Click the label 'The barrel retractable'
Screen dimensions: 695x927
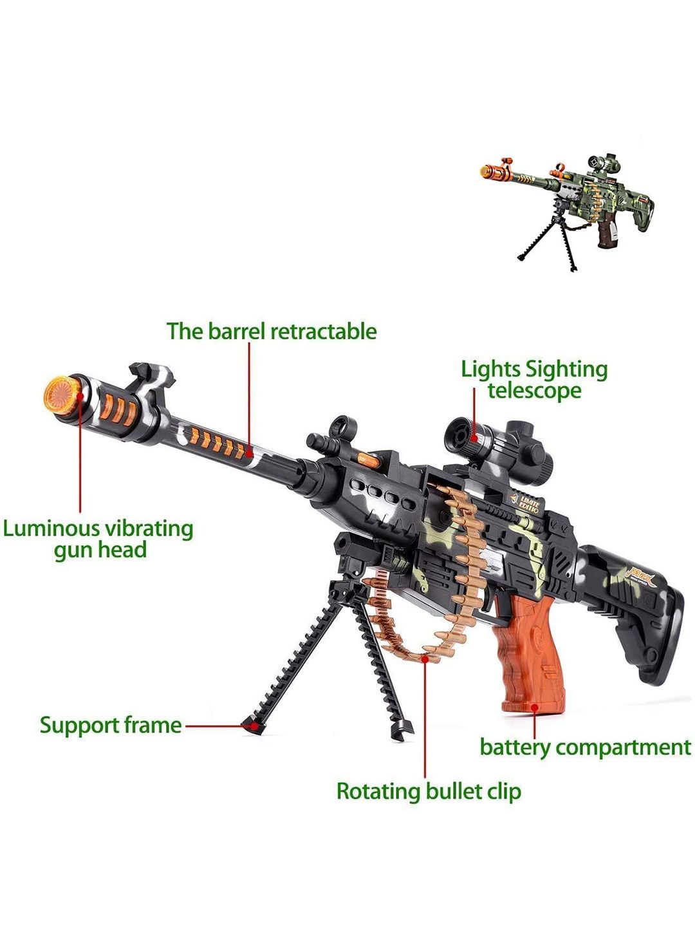pos(272,332)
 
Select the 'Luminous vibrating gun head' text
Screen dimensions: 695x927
pos(98,539)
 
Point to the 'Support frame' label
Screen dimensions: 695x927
pos(111,726)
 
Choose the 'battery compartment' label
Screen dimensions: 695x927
pos(586,747)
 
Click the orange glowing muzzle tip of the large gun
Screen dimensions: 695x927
pos(62,395)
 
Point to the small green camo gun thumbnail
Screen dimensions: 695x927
pos(567,211)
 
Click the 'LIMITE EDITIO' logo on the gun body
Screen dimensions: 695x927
pos(526,503)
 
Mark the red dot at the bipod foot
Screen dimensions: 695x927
pos(254,726)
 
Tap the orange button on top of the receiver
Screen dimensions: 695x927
pos(368,460)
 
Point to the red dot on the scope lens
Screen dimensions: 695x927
pos(474,438)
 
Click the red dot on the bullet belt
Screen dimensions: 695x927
pos(425,658)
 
